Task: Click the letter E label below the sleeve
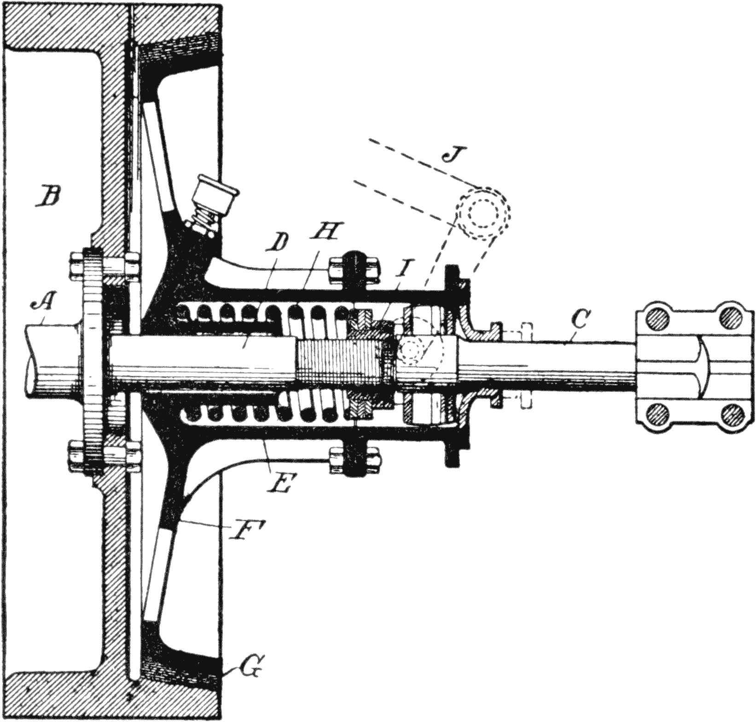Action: [280, 483]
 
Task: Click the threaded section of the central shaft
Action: [341, 361]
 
